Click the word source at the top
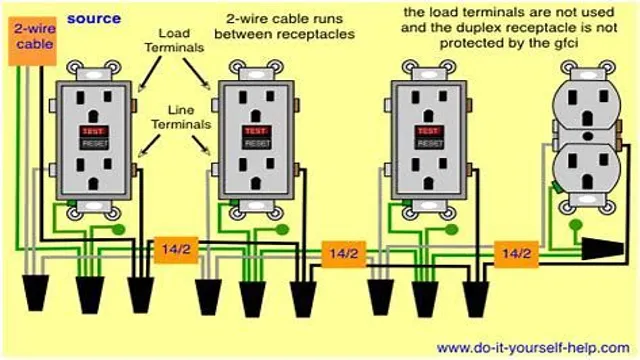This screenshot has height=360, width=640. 94,18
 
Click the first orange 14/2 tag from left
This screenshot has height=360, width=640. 172,248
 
